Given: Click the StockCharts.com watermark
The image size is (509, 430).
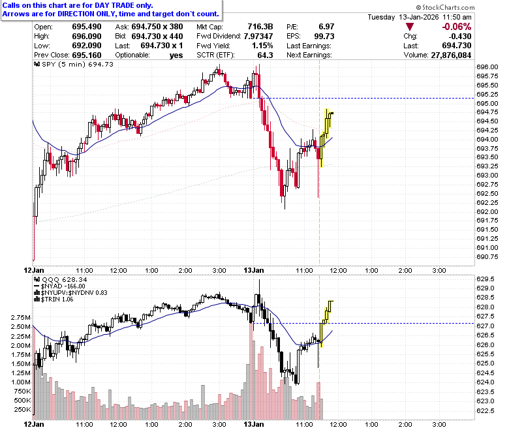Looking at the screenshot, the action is coord(445,7).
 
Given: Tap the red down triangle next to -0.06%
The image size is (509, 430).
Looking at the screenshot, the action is coord(410,27).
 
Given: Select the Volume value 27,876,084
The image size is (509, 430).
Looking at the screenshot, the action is coord(451,55).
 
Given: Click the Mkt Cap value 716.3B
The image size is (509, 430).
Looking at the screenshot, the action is coord(260,27).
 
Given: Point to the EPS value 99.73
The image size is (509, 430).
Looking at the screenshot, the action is coord(324,36).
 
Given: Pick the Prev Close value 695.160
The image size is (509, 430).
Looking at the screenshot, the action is coord(87,55).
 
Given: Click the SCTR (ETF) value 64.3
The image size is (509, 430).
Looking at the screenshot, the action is coord(265,55).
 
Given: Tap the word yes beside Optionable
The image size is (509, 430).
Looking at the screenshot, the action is coord(176,55).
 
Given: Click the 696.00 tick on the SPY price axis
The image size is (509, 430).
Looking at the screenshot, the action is coord(487,67).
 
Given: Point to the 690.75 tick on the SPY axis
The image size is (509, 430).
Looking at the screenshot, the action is coord(487,256).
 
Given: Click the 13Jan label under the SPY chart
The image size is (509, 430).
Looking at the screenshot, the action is coord(254,270).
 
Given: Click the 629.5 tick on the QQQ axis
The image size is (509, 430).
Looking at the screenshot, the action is coord(486,279).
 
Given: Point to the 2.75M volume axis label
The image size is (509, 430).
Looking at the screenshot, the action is coord(21,317).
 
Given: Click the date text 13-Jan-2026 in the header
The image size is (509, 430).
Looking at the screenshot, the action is coord(419,17).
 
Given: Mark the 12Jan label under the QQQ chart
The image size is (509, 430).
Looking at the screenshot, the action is coord(34,424).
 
